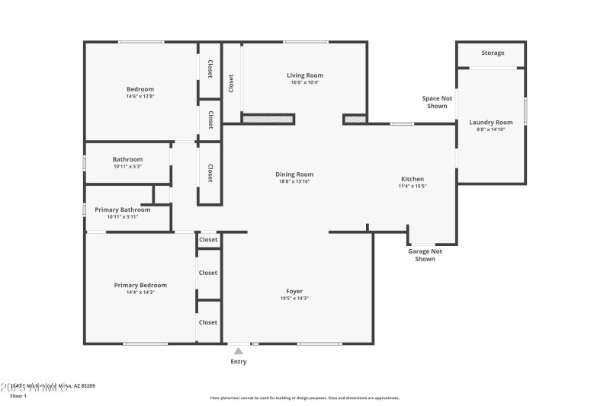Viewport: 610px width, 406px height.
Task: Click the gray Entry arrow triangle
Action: pos(239,351)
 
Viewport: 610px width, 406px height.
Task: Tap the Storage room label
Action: pos(493,53)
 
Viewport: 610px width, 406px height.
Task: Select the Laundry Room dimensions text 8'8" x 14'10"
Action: pos(491,129)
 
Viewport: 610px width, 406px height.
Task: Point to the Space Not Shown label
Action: pos(437,102)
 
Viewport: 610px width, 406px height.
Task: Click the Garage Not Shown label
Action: pos(425,255)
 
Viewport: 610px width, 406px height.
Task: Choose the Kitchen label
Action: pos(412,179)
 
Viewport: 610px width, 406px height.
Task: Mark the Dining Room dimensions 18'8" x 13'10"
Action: pos(294,181)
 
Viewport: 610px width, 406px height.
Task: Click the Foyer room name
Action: pos(294,291)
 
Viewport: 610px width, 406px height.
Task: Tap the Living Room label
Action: pos(305,75)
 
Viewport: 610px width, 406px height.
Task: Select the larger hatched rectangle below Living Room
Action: pos(268,120)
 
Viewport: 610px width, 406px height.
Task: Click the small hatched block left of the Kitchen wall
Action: pos(355,120)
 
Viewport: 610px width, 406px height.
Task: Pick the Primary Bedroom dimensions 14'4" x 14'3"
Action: pos(140,293)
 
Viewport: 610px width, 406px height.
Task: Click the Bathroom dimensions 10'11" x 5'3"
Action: pos(127,166)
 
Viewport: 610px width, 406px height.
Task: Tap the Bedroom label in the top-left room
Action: pos(140,89)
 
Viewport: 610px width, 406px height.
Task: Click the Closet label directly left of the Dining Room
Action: pos(210,173)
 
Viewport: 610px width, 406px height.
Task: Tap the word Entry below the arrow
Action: pos(239,362)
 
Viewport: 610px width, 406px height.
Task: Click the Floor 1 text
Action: pos(18,396)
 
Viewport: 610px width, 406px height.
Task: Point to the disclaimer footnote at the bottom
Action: pos(304,398)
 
